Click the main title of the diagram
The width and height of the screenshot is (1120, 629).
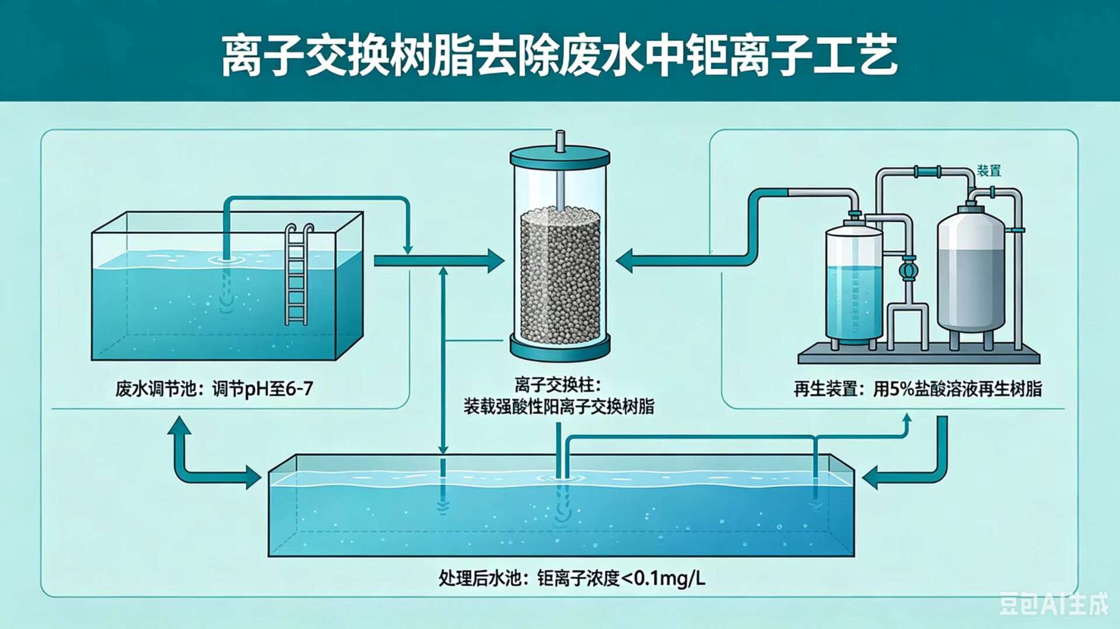point(559,55)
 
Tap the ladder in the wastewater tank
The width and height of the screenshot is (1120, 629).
point(297,274)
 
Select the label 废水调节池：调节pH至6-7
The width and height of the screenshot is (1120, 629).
point(214,388)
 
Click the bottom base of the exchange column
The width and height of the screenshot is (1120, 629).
point(560,348)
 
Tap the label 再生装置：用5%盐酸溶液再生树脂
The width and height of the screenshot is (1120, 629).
point(918,389)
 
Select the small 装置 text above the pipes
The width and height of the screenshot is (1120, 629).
point(989,171)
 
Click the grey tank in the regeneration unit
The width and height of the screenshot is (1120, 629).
point(971,274)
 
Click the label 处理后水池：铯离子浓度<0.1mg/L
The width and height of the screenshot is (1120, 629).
point(572,578)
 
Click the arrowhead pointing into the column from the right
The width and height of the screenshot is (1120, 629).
point(625,261)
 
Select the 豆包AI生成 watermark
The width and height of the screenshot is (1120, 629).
point(1053,604)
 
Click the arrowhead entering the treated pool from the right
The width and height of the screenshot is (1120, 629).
point(870,477)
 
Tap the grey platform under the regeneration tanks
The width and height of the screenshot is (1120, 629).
point(919,354)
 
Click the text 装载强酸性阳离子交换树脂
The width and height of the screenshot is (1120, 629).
point(559,406)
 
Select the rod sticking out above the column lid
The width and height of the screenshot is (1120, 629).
point(560,141)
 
